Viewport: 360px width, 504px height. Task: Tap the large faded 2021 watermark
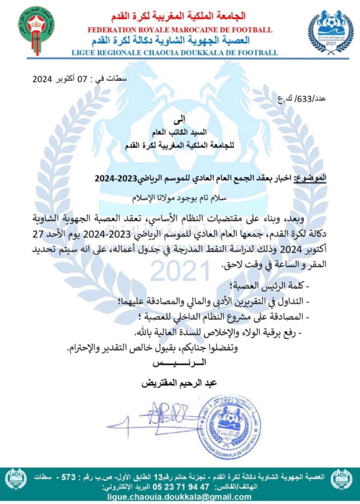[x=180, y=270]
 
